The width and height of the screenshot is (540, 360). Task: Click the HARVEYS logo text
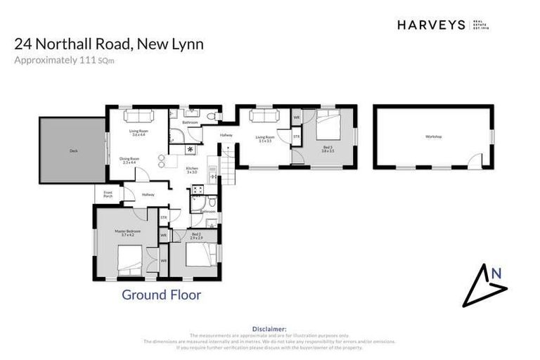pyautogui.click(x=430, y=25)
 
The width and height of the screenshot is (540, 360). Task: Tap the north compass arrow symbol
pyautogui.click(x=486, y=285)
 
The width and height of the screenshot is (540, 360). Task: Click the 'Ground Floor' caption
pyautogui.click(x=161, y=295)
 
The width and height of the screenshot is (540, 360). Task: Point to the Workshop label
pyautogui.click(x=433, y=136)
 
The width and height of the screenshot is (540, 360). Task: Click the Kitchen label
pyautogui.click(x=192, y=169)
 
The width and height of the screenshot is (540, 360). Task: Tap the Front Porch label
pyautogui.click(x=108, y=194)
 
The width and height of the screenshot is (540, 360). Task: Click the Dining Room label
pyautogui.click(x=129, y=160)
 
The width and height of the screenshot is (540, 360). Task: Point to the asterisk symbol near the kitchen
pyautogui.click(x=190, y=150)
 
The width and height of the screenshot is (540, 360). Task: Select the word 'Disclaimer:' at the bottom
pyautogui.click(x=269, y=328)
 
